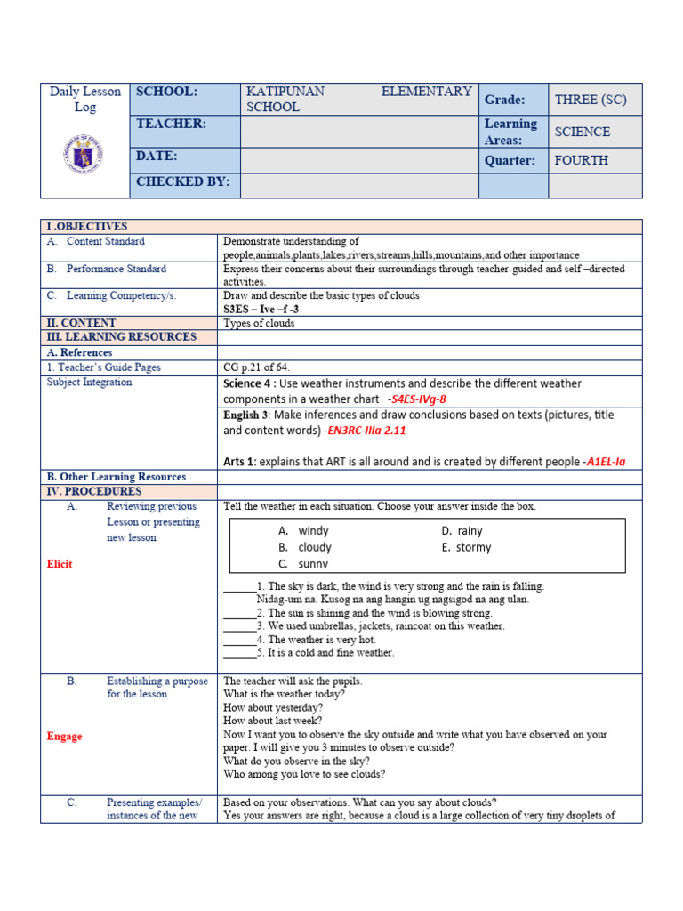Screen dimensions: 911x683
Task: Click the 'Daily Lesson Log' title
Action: coord(85,99)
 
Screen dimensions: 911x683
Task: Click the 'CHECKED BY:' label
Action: coord(182,182)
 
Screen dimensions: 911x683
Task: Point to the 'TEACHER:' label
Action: coord(171,125)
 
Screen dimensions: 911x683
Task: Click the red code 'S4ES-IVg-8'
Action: coord(417,399)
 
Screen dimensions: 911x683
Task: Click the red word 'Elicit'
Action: coord(59,564)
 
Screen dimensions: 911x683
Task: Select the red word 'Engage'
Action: coord(64,737)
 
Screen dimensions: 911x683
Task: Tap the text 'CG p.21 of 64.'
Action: coord(256,367)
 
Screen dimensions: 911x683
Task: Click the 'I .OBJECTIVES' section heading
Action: coord(87,227)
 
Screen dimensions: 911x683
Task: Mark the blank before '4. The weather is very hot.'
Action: coord(238,639)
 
